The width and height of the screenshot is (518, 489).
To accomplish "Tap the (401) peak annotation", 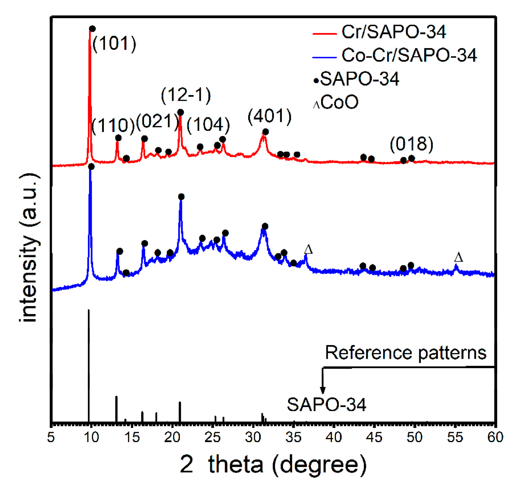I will [269, 116].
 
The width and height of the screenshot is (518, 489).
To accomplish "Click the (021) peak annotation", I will [157, 121].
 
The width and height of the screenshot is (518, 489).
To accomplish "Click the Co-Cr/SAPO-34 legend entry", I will [409, 55].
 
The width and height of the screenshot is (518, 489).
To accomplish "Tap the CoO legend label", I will [339, 102].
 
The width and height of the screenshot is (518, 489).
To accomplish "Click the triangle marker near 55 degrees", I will [458, 258].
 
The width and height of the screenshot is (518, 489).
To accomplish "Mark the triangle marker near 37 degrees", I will [308, 249].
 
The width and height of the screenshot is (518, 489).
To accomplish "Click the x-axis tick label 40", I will [334, 437].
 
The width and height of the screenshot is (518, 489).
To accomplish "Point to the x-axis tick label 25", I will [212, 437].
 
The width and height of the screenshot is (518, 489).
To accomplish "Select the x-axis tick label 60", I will [495, 437].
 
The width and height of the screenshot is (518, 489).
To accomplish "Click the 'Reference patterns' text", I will [405, 353].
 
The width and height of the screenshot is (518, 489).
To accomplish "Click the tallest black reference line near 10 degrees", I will [88, 363].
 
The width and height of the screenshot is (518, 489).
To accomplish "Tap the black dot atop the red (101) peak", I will [92, 29].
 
